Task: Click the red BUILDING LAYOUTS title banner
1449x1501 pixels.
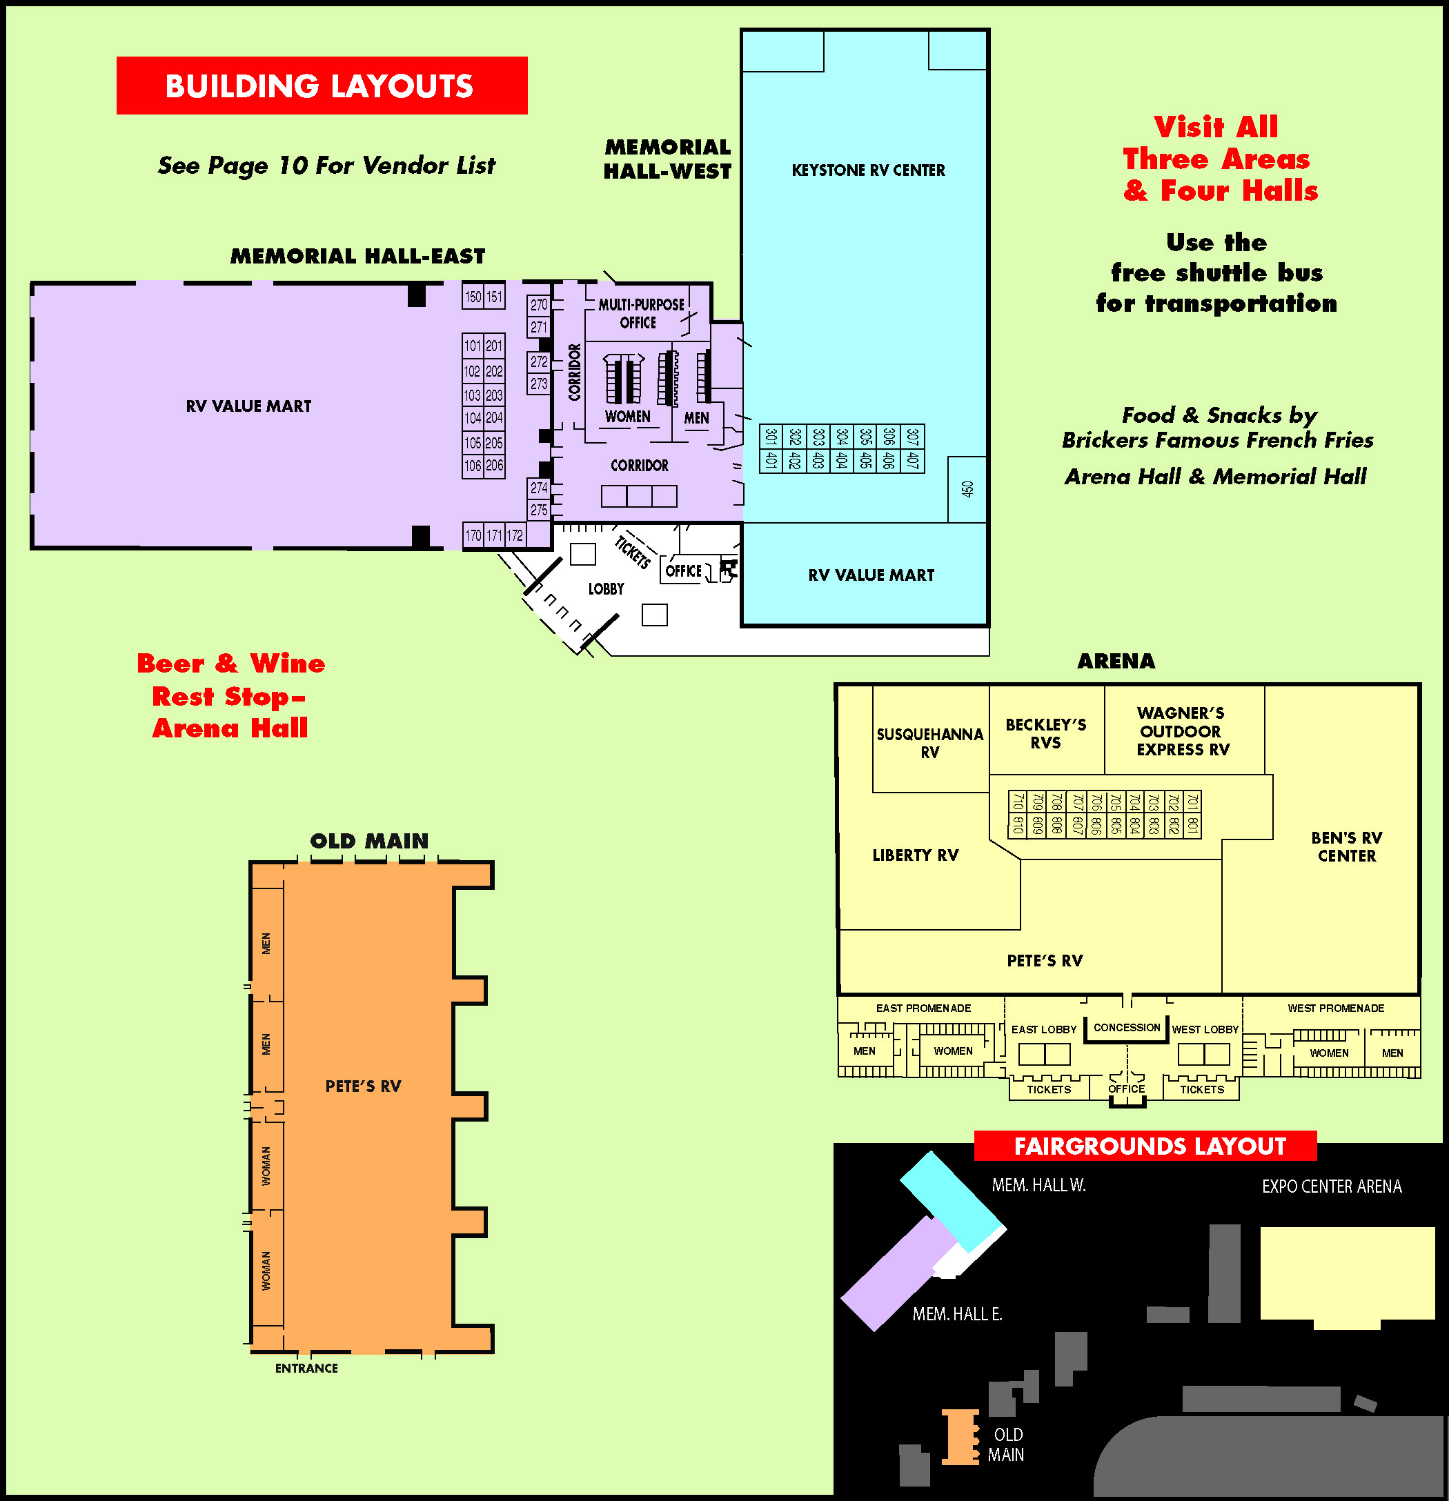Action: click(322, 86)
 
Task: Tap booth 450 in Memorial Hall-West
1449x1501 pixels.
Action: click(967, 489)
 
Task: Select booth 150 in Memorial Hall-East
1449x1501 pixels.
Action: click(473, 297)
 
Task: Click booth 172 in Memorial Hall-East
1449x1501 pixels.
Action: click(515, 536)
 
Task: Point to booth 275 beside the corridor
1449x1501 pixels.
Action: click(539, 510)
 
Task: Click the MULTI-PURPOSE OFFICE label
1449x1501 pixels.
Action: click(640, 313)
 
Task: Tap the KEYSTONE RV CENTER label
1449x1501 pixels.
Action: click(868, 170)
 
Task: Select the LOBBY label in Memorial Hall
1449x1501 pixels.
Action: click(606, 589)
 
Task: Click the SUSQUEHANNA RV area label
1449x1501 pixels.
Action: click(929, 743)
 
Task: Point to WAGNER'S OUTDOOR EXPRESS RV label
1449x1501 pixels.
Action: click(1183, 731)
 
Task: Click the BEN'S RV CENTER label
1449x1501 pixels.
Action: click(1346, 846)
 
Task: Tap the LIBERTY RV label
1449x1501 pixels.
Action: click(915, 855)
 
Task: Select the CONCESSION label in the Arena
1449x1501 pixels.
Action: click(1127, 1028)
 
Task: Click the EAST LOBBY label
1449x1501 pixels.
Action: click(1044, 1029)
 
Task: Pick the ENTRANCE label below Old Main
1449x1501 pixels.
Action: click(306, 1368)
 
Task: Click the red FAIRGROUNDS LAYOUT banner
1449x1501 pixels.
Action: click(1149, 1146)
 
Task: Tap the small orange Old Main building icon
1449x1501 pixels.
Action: click(960, 1438)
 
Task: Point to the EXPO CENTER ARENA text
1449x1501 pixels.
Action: click(1332, 1186)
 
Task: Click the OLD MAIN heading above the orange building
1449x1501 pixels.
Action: click(369, 841)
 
